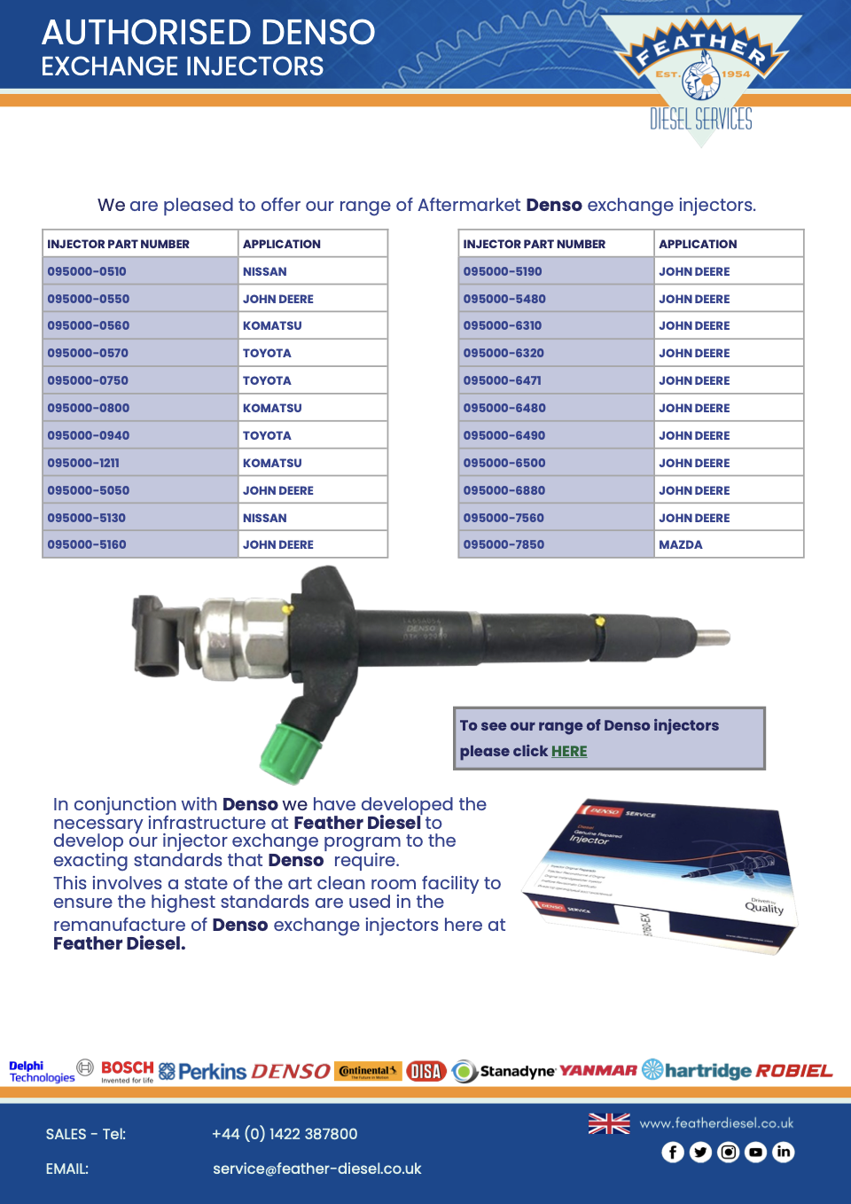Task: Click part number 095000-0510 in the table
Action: [87, 271]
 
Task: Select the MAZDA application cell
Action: [681, 544]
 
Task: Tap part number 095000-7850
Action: [504, 544]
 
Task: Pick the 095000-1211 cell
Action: [83, 463]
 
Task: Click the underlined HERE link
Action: [569, 751]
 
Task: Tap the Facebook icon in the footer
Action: [673, 1152]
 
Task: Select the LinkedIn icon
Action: [784, 1152]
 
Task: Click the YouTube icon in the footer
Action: [755, 1152]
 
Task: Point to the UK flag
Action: [609, 1123]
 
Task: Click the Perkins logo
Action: [203, 1071]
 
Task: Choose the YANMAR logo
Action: [597, 1070]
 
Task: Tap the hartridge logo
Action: [697, 1070]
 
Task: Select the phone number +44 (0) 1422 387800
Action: [285, 1134]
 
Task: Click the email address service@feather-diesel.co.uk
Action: [316, 1169]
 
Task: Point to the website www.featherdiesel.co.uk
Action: [716, 1122]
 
